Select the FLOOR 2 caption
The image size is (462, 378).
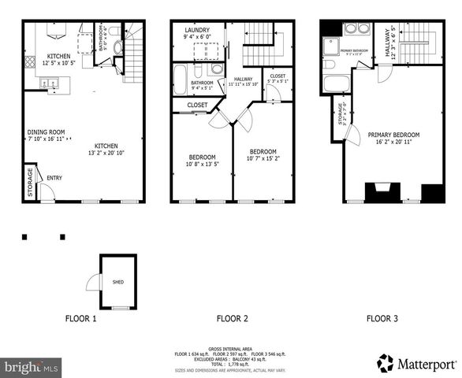click(233, 319)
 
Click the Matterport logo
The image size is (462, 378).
click(418, 364)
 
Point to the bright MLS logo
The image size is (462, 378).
click(32, 367)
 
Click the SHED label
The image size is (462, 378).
click(117, 281)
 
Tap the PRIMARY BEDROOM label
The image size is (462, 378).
click(393, 135)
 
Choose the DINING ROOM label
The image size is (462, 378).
click(46, 132)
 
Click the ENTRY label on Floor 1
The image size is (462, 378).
click(54, 178)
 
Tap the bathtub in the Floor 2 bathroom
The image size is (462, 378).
click(181, 80)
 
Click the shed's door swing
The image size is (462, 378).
click(93, 282)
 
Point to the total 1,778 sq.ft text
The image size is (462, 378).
click(233, 365)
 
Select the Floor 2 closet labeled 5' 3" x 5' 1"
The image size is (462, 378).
click(278, 79)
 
